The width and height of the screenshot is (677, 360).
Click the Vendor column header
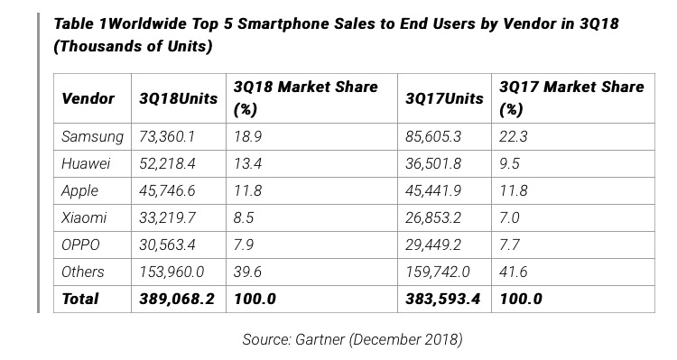click(88, 98)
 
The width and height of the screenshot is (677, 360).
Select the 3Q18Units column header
click(179, 98)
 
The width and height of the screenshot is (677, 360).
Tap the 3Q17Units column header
click(444, 98)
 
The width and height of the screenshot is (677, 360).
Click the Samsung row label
click(92, 137)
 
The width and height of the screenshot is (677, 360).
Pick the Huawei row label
click(86, 163)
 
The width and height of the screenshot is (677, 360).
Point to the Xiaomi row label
click(84, 217)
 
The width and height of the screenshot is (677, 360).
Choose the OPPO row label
click(80, 245)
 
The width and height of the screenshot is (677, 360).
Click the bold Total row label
click(80, 299)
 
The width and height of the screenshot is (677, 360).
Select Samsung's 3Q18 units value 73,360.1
click(167, 137)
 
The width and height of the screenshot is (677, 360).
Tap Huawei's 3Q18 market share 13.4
click(247, 163)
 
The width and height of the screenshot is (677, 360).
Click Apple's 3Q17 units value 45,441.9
click(433, 190)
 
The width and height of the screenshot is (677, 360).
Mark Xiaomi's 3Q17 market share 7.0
click(509, 217)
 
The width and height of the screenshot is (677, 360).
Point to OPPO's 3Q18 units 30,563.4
click(167, 245)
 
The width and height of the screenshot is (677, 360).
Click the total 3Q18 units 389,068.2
click(177, 299)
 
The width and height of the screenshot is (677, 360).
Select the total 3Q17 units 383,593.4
click(442, 299)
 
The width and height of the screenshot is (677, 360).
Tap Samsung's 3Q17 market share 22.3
click(514, 137)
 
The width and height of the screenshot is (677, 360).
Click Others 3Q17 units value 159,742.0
click(438, 272)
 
